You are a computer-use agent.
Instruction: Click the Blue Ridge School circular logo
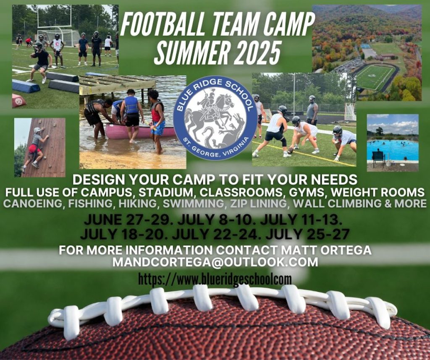(x=215, y=118)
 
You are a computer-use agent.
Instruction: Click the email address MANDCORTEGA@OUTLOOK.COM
(x=215, y=262)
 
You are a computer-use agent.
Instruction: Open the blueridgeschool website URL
(x=215, y=278)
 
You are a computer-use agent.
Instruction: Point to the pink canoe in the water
(x=126, y=131)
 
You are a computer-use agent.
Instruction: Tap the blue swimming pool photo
(x=392, y=143)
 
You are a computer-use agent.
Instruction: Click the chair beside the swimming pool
(x=378, y=158)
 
